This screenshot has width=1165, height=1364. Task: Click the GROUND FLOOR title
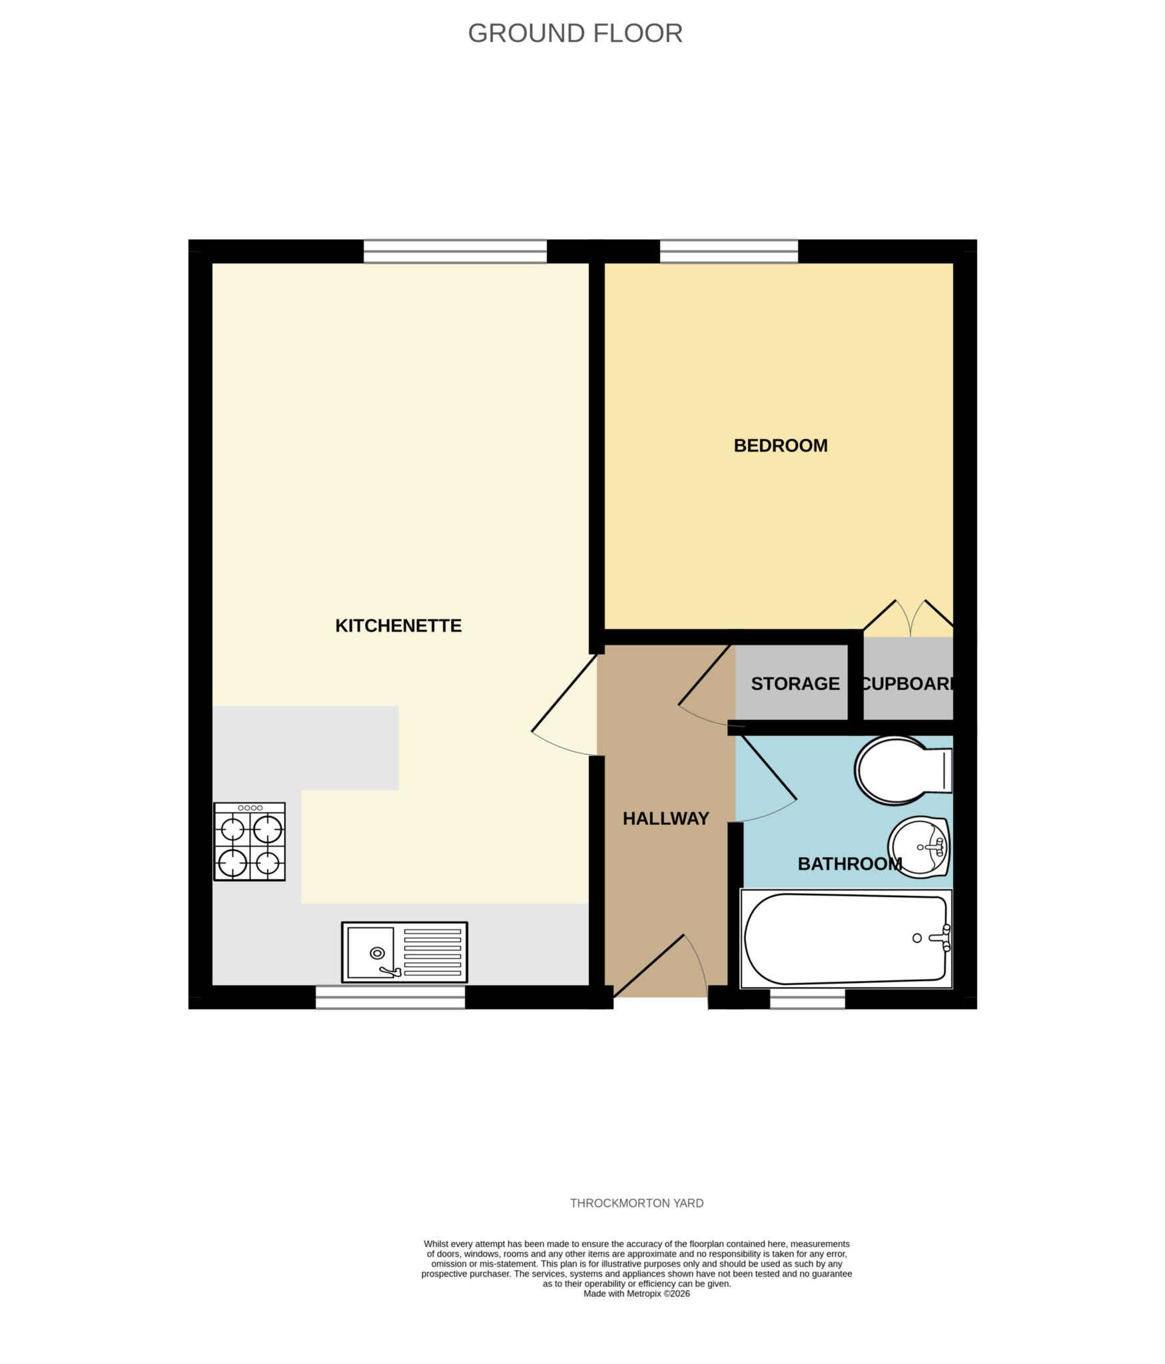tap(575, 33)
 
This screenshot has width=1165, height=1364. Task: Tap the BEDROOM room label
tap(780, 446)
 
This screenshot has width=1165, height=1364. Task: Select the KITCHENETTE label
tap(398, 625)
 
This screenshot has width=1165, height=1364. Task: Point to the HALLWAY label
tap(665, 819)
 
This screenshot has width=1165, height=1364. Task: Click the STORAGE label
tap(795, 683)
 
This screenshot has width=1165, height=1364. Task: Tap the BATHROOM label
tap(849, 864)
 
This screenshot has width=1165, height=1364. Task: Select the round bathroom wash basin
tap(919, 847)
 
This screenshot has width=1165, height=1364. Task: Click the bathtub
tap(846, 939)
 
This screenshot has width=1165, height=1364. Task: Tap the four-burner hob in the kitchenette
tap(249, 841)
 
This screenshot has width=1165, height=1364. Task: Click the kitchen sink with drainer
tap(404, 952)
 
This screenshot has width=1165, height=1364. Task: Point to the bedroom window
tap(729, 251)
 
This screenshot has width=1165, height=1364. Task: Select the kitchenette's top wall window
tap(455, 251)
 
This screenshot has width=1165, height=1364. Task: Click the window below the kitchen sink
tap(390, 997)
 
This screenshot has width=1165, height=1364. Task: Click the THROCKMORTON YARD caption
tap(637, 1203)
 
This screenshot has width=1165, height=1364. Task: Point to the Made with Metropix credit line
tap(637, 1294)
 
